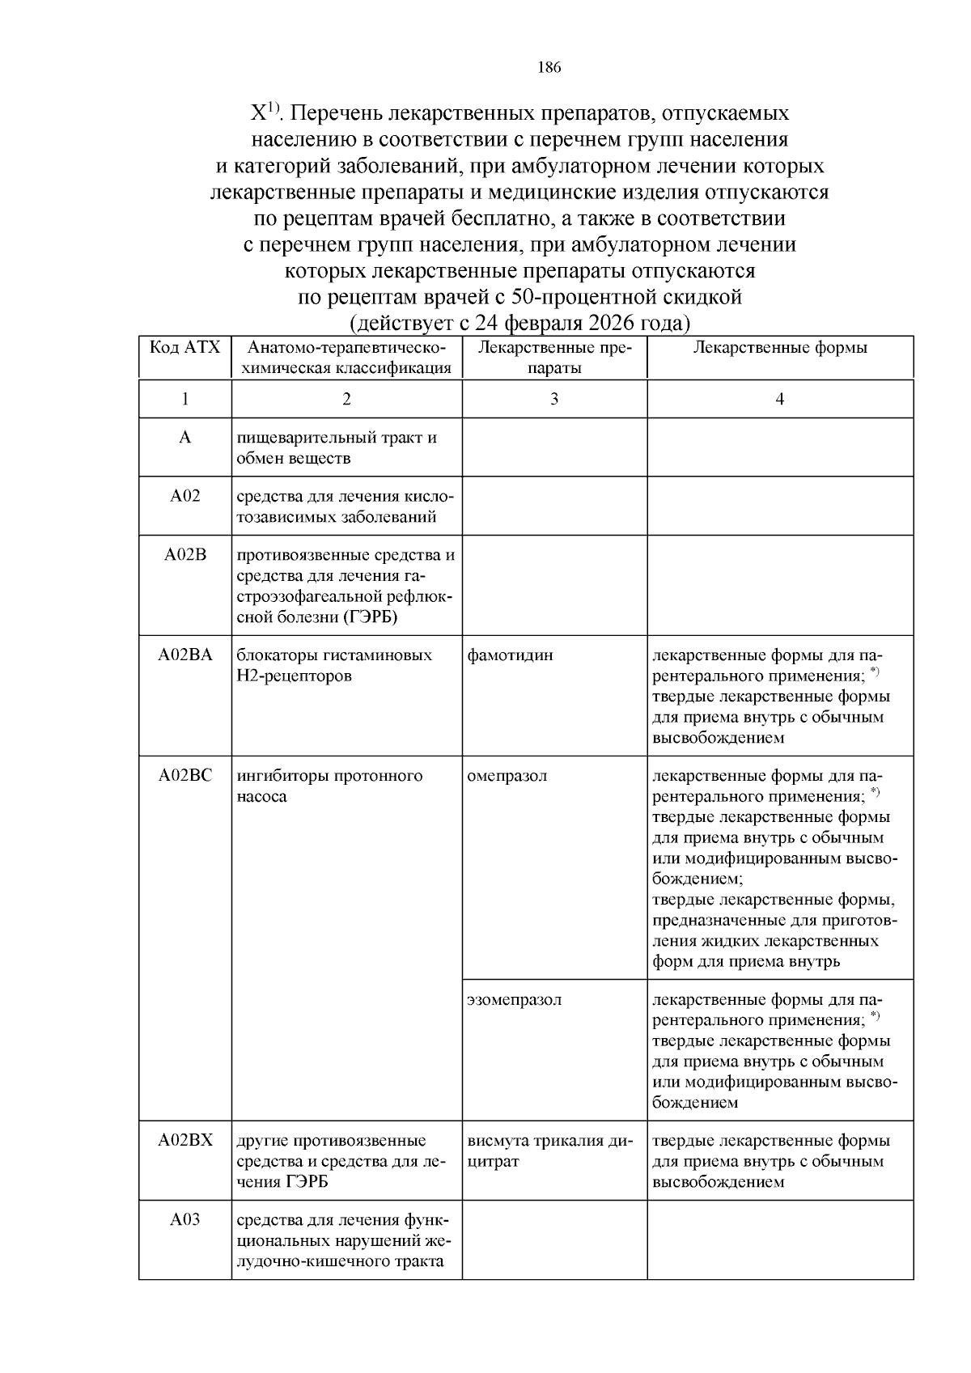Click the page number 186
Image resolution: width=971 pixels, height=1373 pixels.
[549, 68]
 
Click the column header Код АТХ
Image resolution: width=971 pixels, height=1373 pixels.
[184, 348]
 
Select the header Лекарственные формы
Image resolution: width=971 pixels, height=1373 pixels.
[779, 348]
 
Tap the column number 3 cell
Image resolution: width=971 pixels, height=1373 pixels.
[553, 399]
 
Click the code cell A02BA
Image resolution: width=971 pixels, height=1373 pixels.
[184, 655]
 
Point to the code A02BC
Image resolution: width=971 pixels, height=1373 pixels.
[184, 776]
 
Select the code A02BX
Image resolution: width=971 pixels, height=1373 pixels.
[184, 1141]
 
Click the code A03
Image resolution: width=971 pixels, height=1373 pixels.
[184, 1220]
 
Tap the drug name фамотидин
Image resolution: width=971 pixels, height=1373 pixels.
[510, 655]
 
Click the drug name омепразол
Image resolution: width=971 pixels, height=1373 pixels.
[507, 776]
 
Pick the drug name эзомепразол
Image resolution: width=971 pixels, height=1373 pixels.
[514, 1000]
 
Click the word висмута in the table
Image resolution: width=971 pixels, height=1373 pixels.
[498, 1141]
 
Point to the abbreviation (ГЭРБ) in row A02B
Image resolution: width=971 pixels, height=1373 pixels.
[371, 618]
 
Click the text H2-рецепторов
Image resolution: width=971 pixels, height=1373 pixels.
[295, 676]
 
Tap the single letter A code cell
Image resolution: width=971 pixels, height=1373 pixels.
[184, 438]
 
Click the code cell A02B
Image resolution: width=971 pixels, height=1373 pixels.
[184, 555]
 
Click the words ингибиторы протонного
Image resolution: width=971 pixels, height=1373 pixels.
[329, 776]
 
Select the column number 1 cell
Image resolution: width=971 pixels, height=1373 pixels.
[184, 399]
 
